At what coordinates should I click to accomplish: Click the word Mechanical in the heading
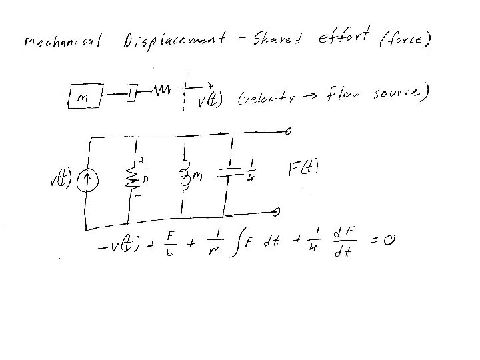(x=61, y=45)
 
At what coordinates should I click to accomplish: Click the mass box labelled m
(x=85, y=97)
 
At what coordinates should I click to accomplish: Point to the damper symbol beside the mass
(x=133, y=91)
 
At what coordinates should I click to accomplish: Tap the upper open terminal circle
(x=287, y=131)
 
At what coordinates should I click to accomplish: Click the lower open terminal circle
(x=276, y=212)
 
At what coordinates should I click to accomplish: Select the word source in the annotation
(x=396, y=95)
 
